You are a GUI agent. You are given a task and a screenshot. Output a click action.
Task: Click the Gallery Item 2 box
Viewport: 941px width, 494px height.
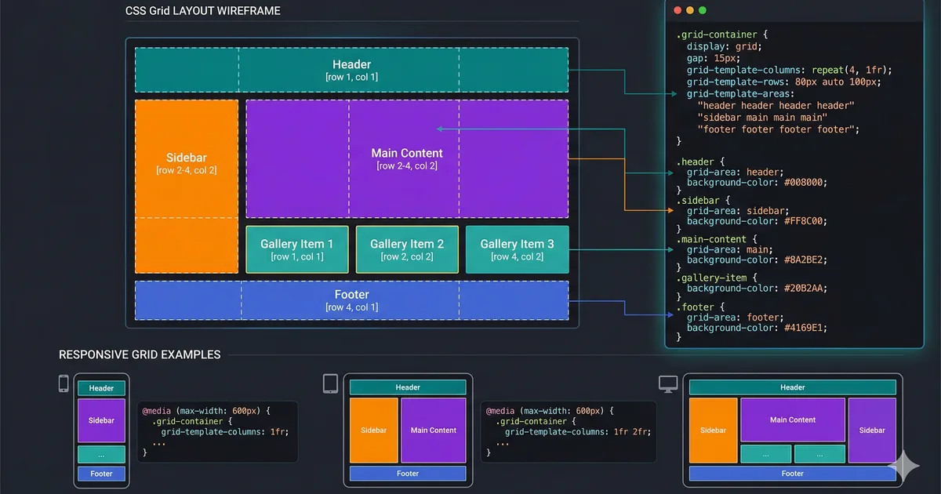coord(407,249)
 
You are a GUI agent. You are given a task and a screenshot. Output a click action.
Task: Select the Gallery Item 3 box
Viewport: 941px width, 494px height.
coord(517,249)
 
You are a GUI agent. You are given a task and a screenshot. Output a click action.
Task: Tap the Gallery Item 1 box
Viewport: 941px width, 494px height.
coord(297,249)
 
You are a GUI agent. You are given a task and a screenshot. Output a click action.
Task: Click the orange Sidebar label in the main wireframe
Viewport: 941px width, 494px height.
coord(187,158)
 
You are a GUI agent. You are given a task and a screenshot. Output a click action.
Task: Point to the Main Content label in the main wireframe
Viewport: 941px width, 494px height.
coord(407,154)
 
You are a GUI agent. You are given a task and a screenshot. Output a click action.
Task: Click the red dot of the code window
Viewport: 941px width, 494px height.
coord(678,10)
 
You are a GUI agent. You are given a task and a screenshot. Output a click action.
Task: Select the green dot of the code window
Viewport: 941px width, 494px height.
coord(702,10)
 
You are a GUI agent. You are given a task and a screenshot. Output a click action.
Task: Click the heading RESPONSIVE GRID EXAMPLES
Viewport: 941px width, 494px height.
coord(140,354)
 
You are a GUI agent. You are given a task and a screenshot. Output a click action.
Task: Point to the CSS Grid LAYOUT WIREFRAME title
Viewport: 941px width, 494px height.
coord(202,11)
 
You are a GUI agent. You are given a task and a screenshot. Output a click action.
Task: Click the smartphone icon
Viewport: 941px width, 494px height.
coord(64,383)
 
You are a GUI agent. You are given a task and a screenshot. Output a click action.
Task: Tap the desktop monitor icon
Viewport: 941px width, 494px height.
coord(667,383)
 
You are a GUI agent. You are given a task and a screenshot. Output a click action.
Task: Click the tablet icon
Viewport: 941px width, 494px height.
coord(330,383)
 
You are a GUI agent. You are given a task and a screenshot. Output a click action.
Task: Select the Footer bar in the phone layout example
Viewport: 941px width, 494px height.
coord(101,474)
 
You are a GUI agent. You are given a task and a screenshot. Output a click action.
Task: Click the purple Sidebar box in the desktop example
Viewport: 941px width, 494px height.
coord(871,430)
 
